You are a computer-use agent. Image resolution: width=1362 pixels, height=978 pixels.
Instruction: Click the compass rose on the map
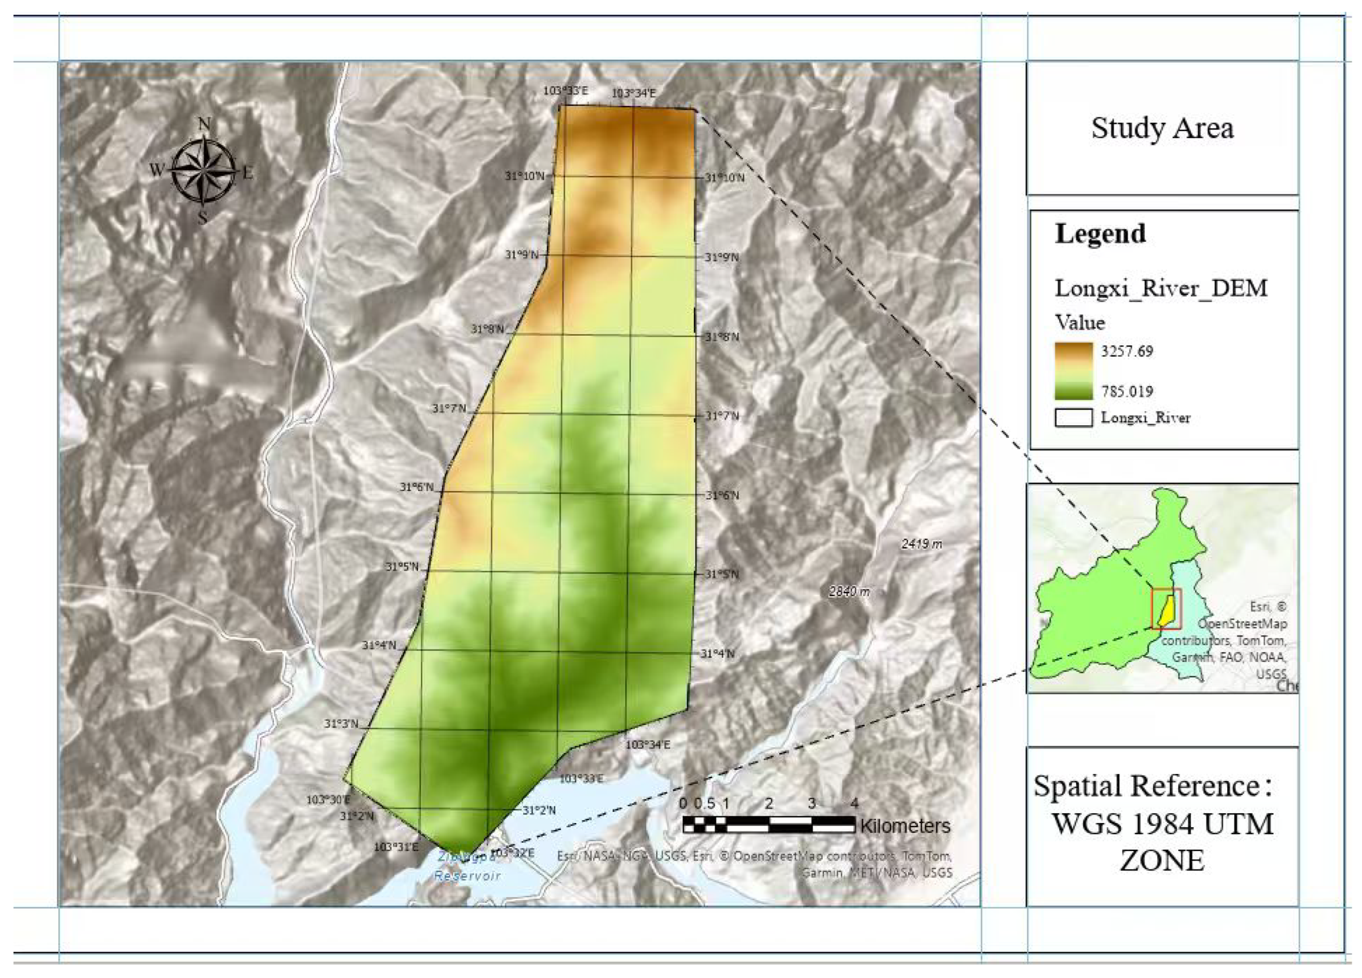click(203, 171)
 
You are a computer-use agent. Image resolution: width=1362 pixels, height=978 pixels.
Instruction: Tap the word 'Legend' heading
click(1100, 233)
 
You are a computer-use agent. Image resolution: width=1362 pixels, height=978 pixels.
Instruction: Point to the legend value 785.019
click(1126, 392)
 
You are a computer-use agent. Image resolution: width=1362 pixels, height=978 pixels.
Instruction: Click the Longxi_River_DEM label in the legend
click(1160, 289)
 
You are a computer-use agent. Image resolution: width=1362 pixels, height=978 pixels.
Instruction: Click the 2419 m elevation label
click(921, 544)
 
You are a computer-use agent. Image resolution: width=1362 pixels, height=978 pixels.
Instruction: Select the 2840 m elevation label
click(849, 592)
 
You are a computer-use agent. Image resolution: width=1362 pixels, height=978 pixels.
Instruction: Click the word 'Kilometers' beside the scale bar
click(904, 826)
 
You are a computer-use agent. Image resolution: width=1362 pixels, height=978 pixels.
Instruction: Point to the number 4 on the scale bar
click(854, 804)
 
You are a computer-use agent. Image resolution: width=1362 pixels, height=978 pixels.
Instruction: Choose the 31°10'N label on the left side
click(524, 176)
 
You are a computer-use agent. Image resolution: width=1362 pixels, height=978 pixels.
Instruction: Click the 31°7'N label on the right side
click(721, 416)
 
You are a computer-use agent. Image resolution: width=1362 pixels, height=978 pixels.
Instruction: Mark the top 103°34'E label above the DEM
click(634, 93)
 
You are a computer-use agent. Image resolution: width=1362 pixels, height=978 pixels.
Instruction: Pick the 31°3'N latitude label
click(341, 725)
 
